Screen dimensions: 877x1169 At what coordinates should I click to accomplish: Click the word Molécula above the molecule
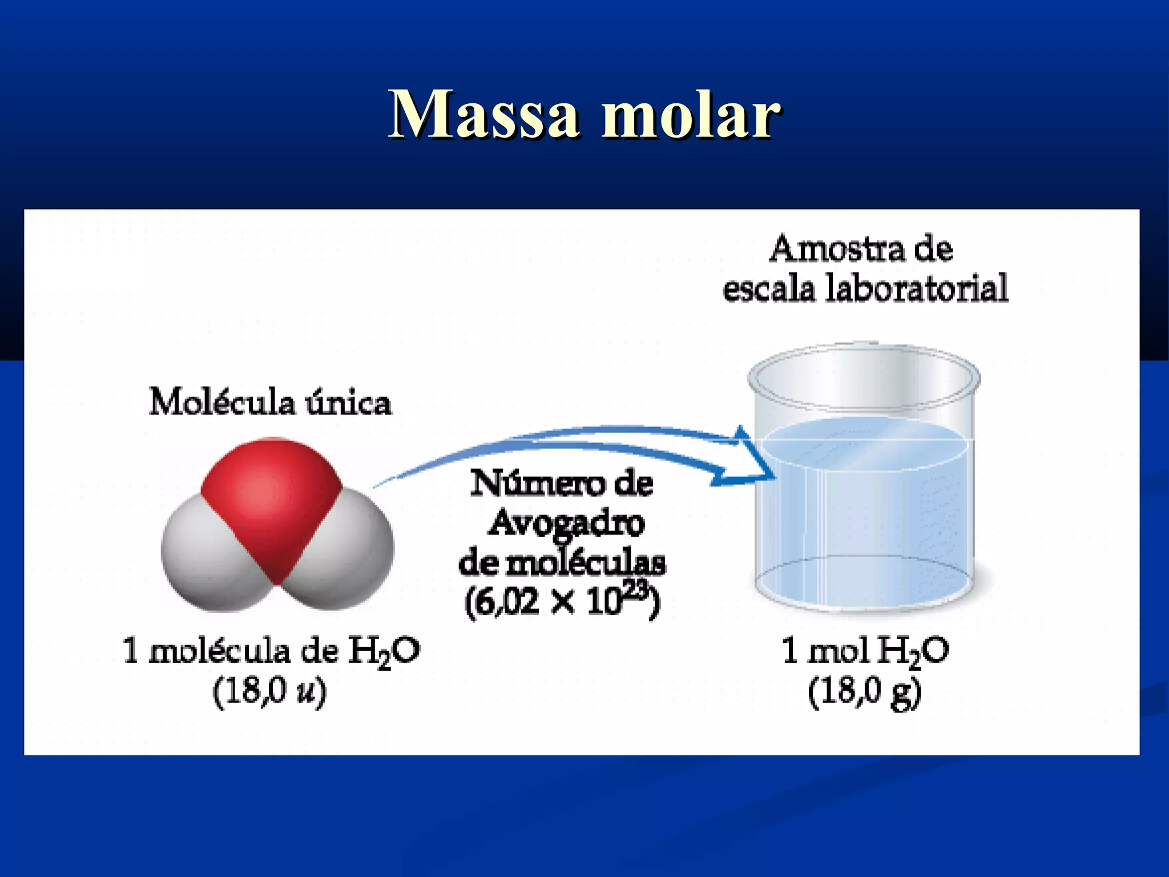[x=223, y=402]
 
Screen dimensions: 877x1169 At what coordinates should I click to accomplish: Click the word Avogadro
[x=565, y=522]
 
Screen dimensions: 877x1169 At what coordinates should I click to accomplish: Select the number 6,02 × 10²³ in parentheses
[x=562, y=601]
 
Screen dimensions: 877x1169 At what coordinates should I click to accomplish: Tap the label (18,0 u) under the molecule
[x=269, y=692]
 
